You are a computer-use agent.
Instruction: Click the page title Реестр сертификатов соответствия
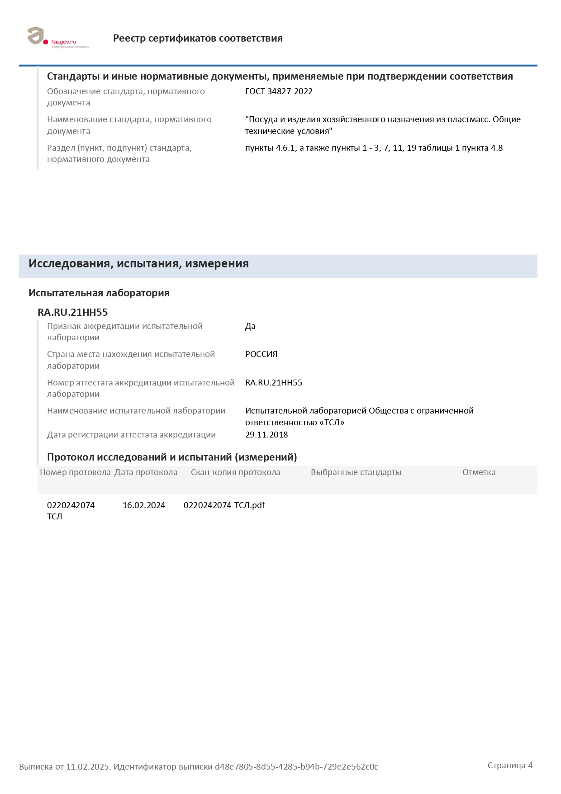click(x=198, y=38)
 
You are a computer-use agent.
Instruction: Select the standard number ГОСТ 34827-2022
click(x=279, y=91)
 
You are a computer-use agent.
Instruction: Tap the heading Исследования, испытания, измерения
click(x=138, y=264)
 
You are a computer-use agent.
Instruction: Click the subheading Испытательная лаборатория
click(x=99, y=293)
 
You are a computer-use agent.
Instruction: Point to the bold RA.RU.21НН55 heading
click(x=72, y=313)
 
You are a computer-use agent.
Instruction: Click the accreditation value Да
click(x=250, y=326)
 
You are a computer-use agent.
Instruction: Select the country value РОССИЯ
click(x=261, y=354)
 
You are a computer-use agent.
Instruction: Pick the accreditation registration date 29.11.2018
click(x=266, y=435)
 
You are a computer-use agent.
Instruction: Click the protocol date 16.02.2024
click(x=144, y=505)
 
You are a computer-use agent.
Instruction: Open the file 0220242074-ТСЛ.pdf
click(x=224, y=505)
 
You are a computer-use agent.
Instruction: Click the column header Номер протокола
click(x=75, y=472)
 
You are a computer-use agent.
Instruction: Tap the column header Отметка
click(x=479, y=472)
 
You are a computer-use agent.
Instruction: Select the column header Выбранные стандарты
click(x=356, y=472)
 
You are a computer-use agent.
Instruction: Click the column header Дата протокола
click(x=146, y=472)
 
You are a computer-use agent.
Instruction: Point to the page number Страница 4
click(x=510, y=765)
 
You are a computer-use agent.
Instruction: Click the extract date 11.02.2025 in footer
click(x=88, y=767)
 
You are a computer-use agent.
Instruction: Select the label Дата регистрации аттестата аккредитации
click(x=131, y=435)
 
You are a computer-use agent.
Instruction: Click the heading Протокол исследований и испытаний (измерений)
click(x=172, y=457)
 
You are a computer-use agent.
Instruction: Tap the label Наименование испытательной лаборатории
click(x=136, y=411)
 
